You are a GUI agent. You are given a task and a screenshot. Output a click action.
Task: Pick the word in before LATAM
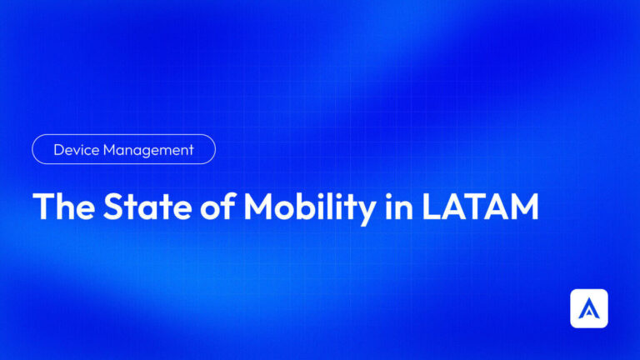click(x=400, y=207)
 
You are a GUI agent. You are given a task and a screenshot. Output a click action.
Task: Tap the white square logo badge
click(x=588, y=308)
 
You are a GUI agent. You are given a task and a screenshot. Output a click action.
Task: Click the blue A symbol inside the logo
click(x=588, y=309)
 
